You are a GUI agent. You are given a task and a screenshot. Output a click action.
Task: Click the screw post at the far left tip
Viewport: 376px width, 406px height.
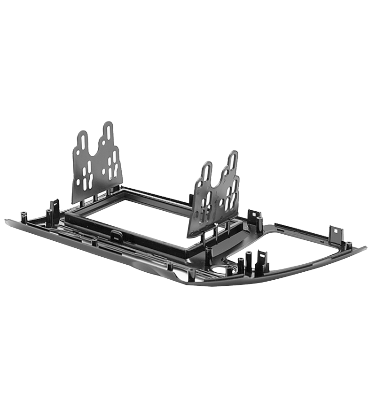pos(24,217)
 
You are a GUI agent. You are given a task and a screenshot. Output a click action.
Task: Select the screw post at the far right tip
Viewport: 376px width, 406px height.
pos(349,245)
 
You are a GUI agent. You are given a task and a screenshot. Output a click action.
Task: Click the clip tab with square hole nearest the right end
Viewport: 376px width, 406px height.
pos(336,234)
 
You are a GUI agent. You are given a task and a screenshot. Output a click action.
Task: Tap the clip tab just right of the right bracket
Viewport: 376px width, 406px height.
pos(254,217)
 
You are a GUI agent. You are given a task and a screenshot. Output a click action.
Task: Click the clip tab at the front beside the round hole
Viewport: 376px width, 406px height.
pos(261,261)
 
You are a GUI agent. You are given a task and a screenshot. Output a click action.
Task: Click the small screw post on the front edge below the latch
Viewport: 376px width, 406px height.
pos(94,242)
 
